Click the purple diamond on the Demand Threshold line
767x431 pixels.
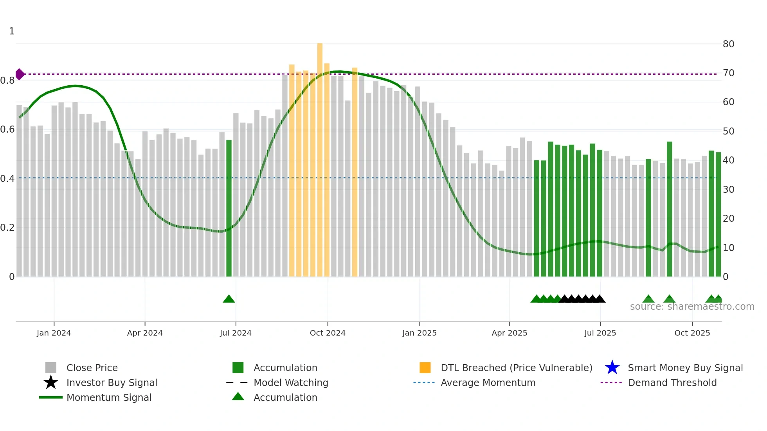[x=20, y=74]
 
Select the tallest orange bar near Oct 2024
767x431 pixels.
[x=320, y=156]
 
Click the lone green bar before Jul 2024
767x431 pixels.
[x=229, y=207]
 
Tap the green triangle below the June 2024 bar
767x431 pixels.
[x=229, y=299]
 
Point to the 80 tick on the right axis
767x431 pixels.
[x=728, y=44]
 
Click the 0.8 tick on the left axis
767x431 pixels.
[x=7, y=81]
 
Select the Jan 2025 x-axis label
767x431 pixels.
[x=419, y=333]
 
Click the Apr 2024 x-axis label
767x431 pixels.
[x=145, y=333]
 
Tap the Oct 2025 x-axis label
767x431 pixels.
[x=692, y=333]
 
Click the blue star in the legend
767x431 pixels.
[x=612, y=368]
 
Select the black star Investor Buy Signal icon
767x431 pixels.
[x=51, y=383]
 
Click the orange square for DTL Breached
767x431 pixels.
[x=425, y=368]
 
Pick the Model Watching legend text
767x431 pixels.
[x=291, y=383]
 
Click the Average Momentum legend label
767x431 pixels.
[x=488, y=383]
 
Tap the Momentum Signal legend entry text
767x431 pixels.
[x=109, y=397]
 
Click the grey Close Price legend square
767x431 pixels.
[x=51, y=368]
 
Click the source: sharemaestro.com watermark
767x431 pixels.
[x=692, y=307]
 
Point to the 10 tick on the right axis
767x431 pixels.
[x=728, y=248]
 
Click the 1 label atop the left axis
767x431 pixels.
[x=12, y=31]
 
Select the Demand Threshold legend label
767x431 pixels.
[x=672, y=383]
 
